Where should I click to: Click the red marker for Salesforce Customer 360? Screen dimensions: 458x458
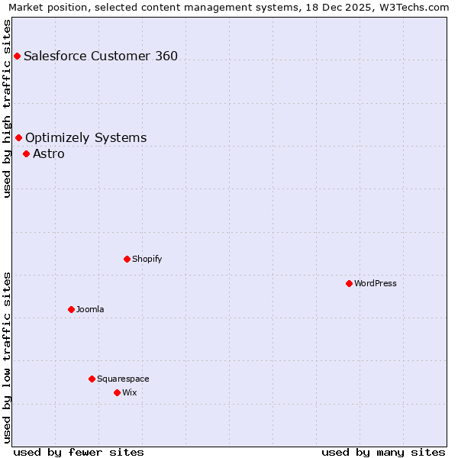pos(17,56)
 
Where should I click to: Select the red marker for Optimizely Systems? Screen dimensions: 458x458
pos(18,137)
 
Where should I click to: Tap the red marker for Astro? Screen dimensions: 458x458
pos(26,153)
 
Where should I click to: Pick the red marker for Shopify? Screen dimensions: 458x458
pos(127,259)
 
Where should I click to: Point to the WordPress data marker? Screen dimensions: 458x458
pos(349,283)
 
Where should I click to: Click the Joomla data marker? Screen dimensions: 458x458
pos(71,309)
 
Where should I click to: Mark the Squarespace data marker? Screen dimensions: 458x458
pos(92,379)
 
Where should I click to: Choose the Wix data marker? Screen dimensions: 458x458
pos(117,392)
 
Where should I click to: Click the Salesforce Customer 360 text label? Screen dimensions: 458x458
pos(101,56)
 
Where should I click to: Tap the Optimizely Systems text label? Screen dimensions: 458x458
pos(85,137)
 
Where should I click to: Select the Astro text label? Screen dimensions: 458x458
pos(49,153)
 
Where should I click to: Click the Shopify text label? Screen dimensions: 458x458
pos(147,259)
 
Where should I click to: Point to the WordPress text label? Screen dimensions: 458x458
pos(376,283)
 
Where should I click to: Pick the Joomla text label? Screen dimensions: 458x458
pos(90,309)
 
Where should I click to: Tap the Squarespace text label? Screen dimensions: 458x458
pos(123,379)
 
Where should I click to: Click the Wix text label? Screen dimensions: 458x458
pos(130,392)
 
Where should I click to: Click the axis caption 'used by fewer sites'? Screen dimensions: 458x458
pos(79,452)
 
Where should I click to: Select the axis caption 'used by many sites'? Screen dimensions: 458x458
pos(383,452)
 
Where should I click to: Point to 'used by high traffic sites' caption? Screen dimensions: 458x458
pos(7,108)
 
